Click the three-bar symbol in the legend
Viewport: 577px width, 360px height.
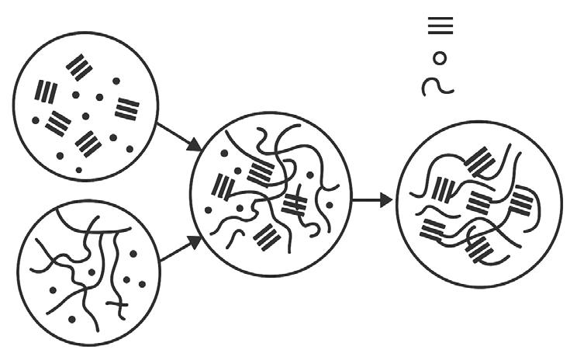tap(441, 26)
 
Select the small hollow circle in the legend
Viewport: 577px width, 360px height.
tap(440, 57)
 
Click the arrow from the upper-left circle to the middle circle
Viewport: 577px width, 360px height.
tap(179, 137)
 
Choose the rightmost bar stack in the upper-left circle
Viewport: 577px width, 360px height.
tap(127, 109)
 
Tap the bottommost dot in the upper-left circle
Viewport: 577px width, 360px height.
tap(79, 169)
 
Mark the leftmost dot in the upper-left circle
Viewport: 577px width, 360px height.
tap(36, 120)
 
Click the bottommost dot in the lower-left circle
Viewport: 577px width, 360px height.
tap(71, 319)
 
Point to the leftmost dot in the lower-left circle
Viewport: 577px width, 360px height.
tap(53, 290)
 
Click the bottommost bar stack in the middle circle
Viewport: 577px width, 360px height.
tap(268, 237)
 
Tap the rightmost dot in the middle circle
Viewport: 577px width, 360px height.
tap(329, 205)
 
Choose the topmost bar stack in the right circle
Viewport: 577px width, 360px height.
tap(482, 162)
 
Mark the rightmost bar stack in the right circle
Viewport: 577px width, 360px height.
tap(523, 204)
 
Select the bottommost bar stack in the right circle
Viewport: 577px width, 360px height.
tap(482, 251)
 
